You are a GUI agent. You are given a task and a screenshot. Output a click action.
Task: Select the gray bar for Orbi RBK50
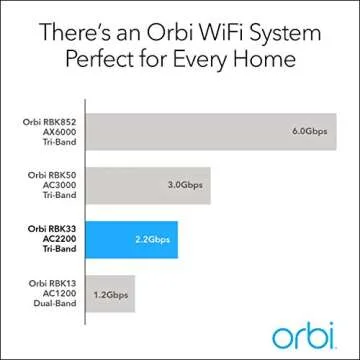tap(150, 183)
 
